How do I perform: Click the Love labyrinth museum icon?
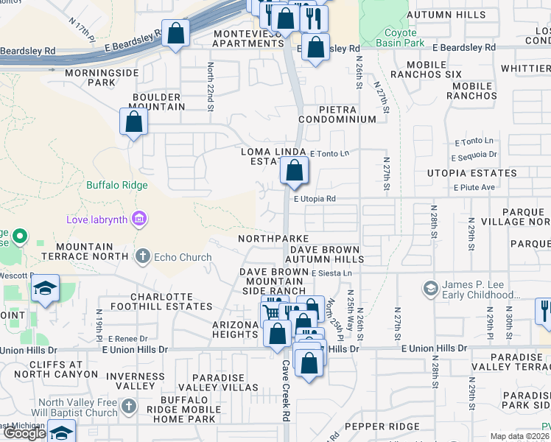point(138,219)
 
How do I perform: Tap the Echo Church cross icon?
point(142,257)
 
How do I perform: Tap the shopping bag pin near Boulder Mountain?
point(134,122)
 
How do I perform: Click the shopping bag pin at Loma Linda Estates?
point(294,172)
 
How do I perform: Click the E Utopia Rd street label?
point(315,199)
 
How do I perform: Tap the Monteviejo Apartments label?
point(248,38)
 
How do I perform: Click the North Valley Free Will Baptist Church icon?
point(129,407)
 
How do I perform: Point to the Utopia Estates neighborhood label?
point(471,173)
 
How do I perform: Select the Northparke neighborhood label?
point(273,239)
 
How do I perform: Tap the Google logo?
point(24,433)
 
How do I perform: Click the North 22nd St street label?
point(211,87)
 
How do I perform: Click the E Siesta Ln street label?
point(332,273)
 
